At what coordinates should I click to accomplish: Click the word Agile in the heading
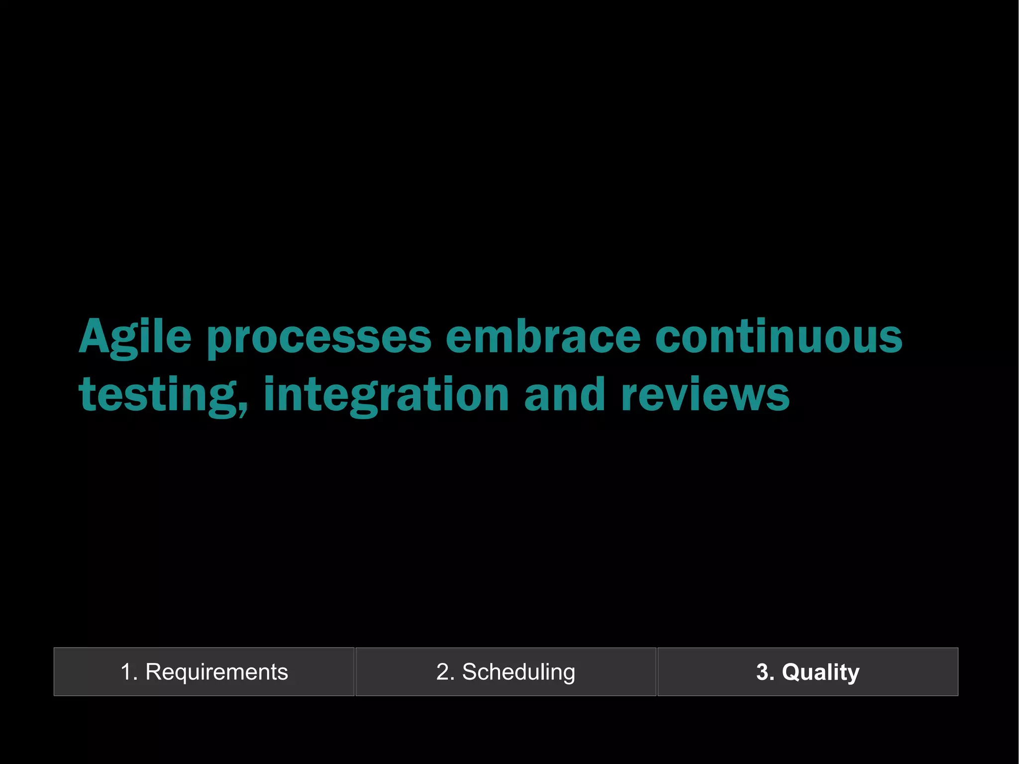[135, 337]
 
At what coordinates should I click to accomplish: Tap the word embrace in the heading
[543, 336]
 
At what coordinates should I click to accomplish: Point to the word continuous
[779, 336]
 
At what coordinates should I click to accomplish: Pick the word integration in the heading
[386, 395]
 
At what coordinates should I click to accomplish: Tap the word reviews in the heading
[705, 395]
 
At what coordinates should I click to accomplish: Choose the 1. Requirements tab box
[204, 671]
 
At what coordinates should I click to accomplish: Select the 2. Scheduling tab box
[506, 671]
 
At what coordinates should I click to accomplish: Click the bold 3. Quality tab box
[808, 671]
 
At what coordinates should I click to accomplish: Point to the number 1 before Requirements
[126, 672]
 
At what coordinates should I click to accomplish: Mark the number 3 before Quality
[762, 672]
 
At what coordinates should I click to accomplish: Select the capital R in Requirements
[154, 672]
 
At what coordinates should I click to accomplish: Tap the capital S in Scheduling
[471, 672]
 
